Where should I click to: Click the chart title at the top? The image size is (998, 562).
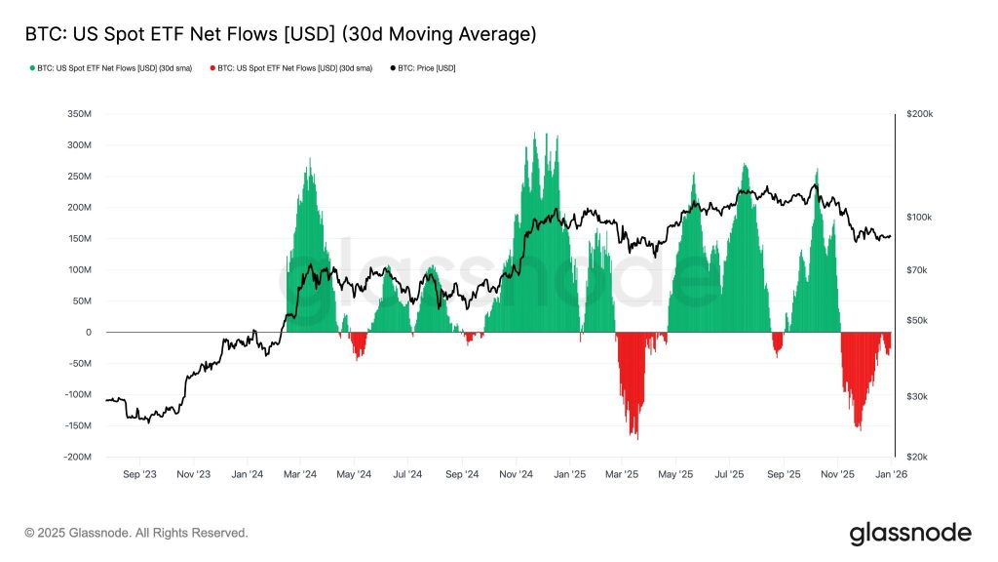(x=279, y=35)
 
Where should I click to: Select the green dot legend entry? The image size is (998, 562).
(x=117, y=68)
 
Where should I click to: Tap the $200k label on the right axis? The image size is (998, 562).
(x=919, y=114)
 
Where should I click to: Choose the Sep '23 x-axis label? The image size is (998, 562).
(x=139, y=474)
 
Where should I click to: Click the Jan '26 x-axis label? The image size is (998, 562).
(x=891, y=474)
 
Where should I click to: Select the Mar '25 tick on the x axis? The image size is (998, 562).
(x=622, y=474)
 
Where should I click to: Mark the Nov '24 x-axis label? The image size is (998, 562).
(x=516, y=474)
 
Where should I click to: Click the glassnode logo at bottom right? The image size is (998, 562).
(x=910, y=533)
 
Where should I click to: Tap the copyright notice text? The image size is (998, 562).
(x=136, y=533)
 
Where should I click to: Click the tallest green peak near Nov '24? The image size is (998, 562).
(x=534, y=134)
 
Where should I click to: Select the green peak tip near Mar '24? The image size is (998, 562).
(x=310, y=159)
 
